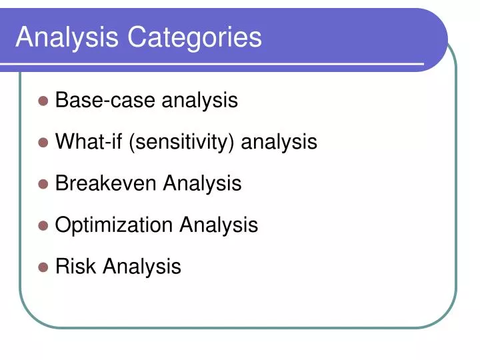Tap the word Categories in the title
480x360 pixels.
pos(195,37)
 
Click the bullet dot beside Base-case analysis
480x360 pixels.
pos(43,101)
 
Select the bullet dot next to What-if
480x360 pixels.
pos(43,142)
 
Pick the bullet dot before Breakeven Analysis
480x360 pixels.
pos(43,184)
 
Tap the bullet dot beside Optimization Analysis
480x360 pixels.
pos(43,225)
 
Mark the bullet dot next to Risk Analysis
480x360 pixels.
pos(43,267)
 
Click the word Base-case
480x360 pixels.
pos(105,100)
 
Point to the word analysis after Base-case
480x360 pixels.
pos(200,101)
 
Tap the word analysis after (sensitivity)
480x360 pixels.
pos(279,142)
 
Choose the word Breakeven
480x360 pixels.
pos(107,183)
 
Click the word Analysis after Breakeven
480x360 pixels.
pos(203,184)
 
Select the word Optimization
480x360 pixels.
pos(115,225)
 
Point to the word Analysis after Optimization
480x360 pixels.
pos(219,225)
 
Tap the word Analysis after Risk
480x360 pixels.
pos(141,267)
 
